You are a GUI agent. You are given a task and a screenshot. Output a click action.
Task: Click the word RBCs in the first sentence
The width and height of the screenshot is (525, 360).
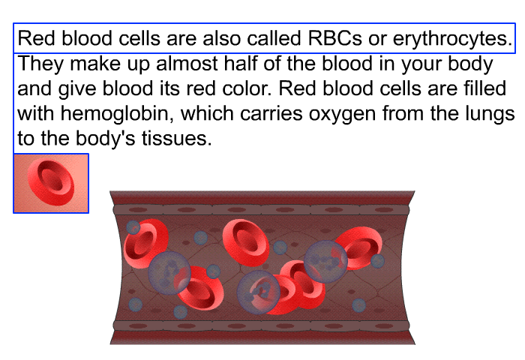[x=334, y=38]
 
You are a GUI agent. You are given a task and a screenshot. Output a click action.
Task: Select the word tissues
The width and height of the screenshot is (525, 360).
[x=176, y=139]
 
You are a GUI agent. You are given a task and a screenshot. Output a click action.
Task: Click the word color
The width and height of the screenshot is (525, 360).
[x=247, y=88]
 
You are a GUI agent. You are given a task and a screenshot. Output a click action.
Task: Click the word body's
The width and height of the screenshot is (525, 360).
[x=105, y=139]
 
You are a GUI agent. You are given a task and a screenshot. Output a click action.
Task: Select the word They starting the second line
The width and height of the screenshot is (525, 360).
[x=40, y=64]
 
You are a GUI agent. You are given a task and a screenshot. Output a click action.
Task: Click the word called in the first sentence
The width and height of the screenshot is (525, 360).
[x=274, y=38]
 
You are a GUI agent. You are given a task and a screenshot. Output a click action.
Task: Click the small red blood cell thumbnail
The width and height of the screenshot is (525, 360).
[x=51, y=183]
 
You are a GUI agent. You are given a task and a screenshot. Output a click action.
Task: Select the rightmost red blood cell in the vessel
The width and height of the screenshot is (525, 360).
[x=359, y=247]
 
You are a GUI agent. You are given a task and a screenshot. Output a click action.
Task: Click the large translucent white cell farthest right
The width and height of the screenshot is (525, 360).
[x=325, y=262]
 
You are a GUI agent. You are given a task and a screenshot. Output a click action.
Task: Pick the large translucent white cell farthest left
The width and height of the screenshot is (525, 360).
[x=169, y=273]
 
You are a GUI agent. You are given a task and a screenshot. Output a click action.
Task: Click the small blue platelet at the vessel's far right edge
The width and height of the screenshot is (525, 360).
[x=378, y=261]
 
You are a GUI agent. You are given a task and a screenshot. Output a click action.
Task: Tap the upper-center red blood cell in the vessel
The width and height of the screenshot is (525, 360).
[x=246, y=243]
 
